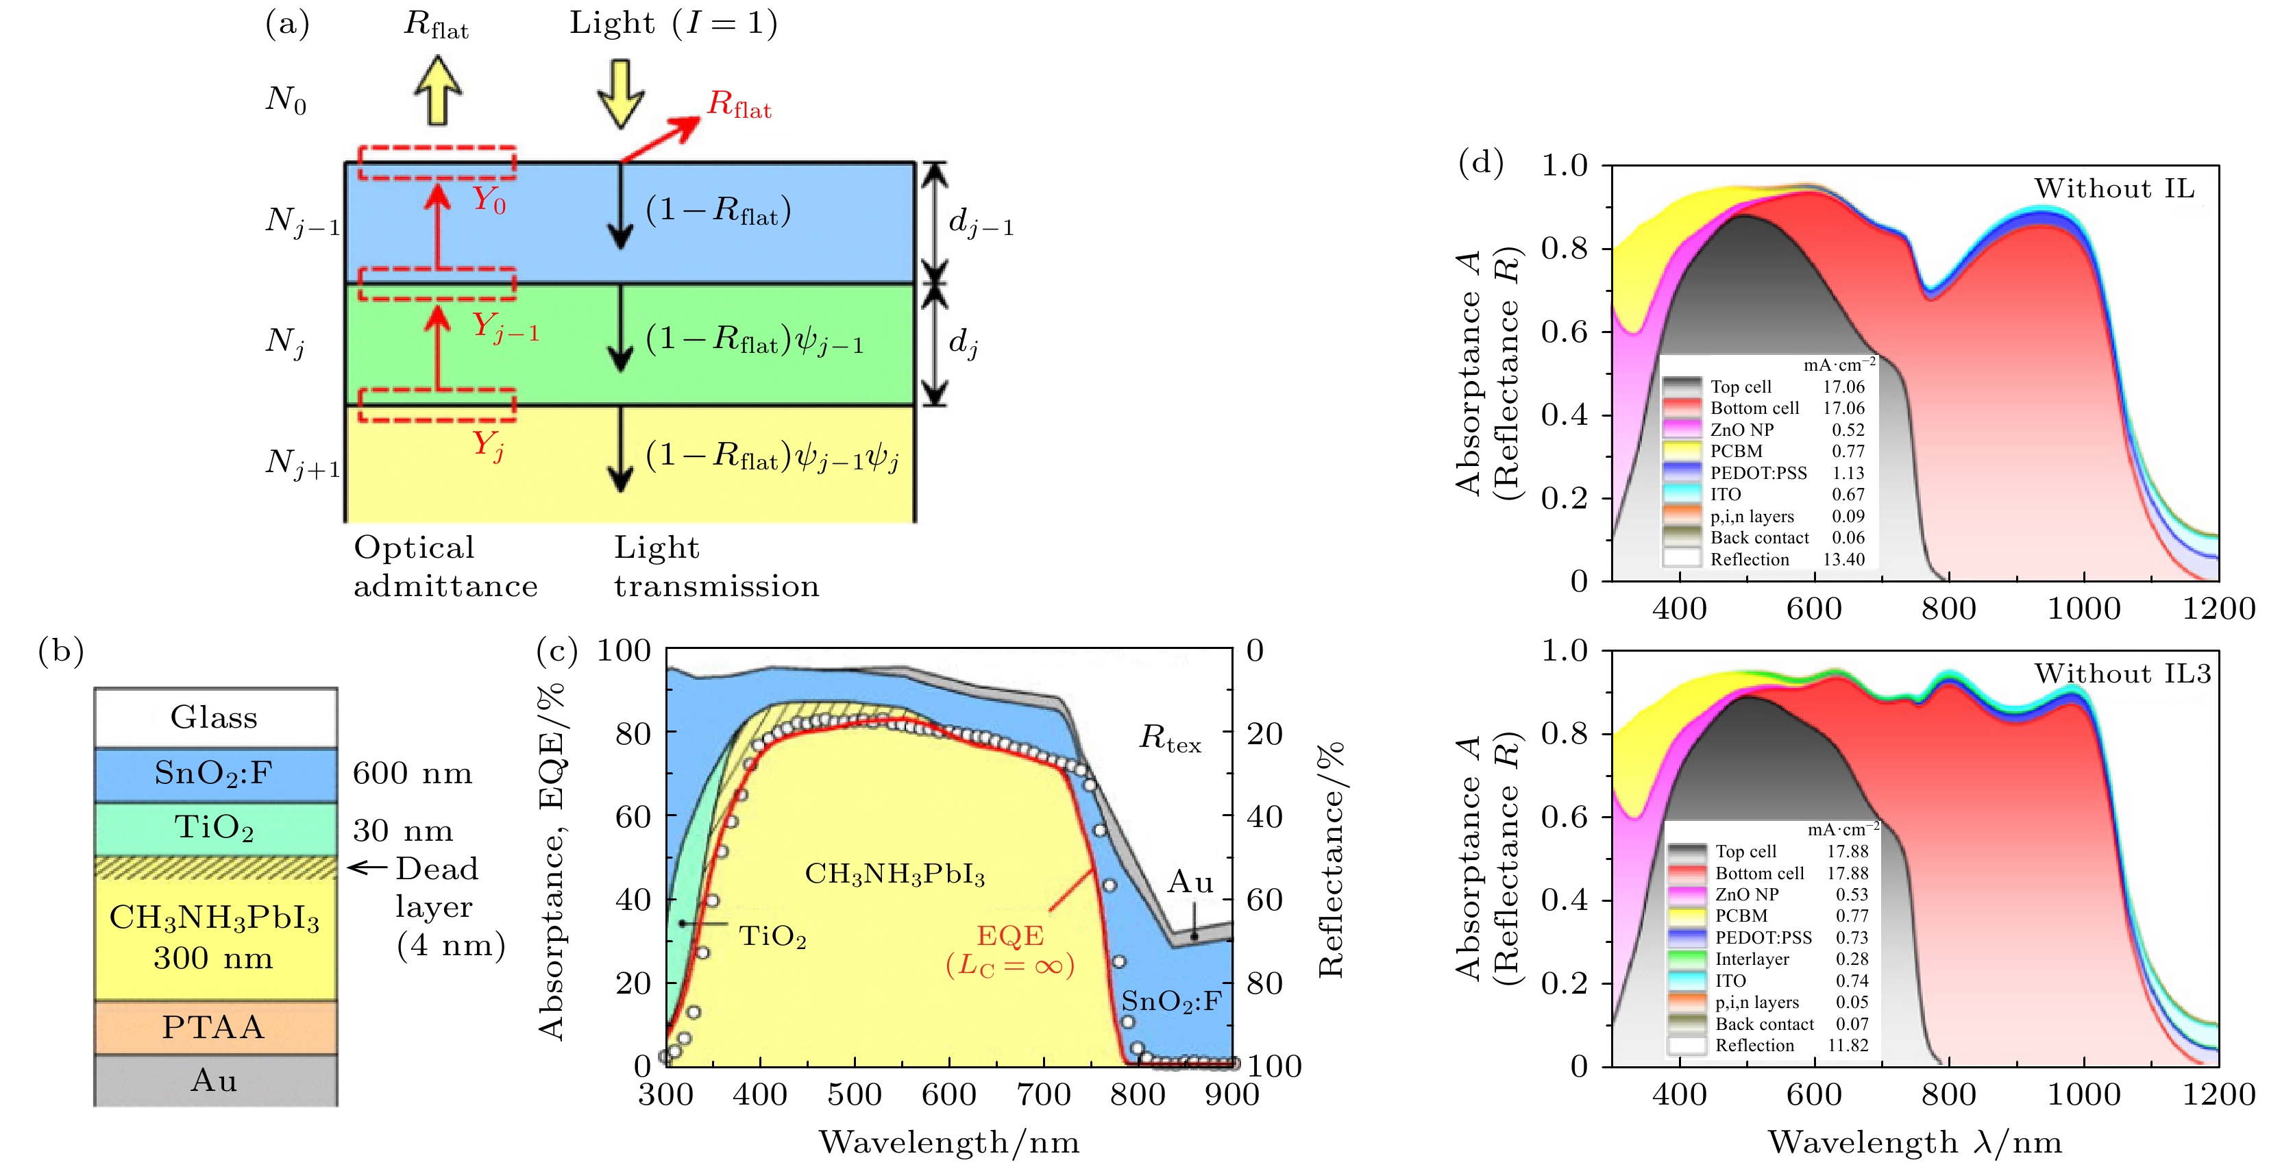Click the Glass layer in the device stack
[214, 717]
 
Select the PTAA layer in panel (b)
[214, 1027]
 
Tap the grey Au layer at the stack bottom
[214, 1080]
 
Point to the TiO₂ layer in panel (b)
[214, 828]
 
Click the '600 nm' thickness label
[412, 774]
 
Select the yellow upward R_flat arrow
[437, 90]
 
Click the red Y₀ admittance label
[489, 199]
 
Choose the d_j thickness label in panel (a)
[963, 343]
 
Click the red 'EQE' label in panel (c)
[1009, 935]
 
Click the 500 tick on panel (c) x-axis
[855, 1094]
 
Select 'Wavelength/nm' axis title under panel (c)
[949, 1142]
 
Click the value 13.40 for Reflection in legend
[1843, 560]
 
